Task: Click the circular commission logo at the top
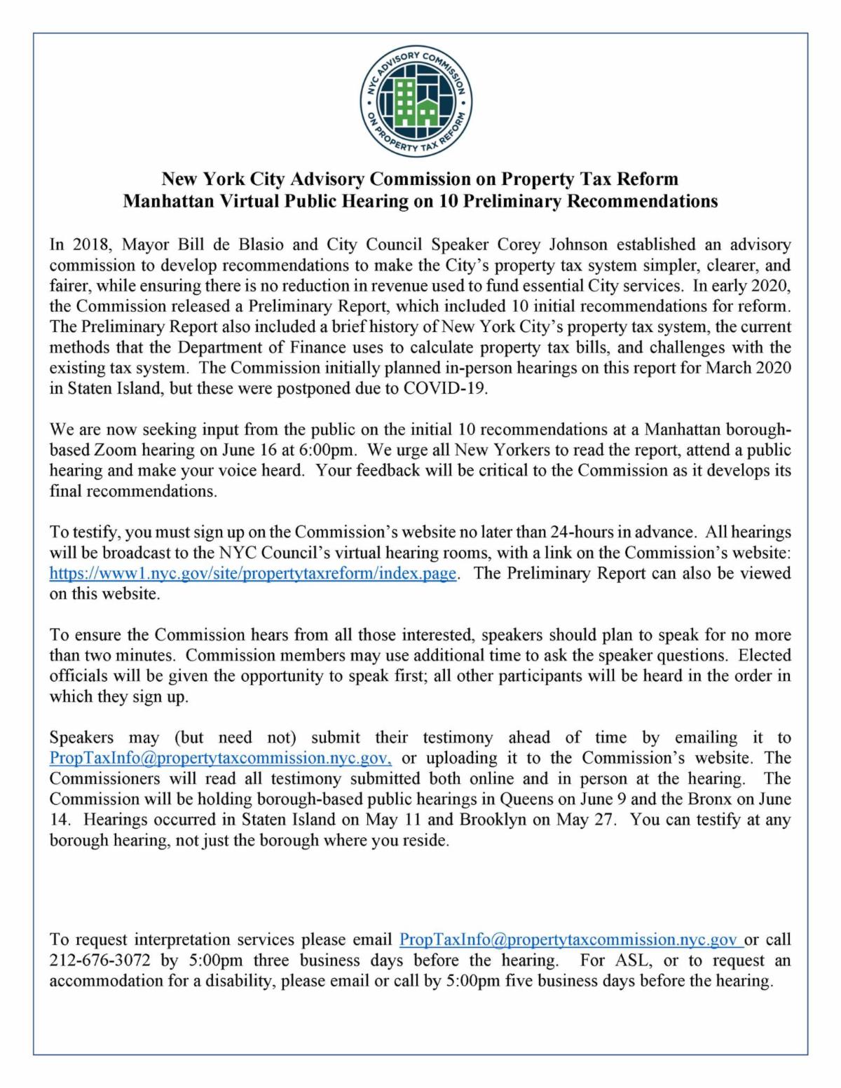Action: [x=416, y=102]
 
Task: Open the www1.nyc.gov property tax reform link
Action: [x=253, y=573]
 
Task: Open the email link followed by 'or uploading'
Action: [x=220, y=758]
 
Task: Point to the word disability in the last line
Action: [x=234, y=980]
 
